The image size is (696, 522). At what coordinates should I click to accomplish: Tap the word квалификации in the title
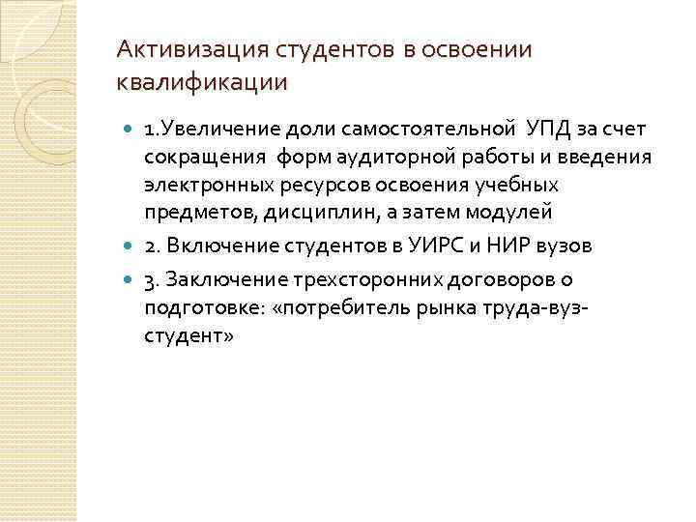(201, 81)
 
